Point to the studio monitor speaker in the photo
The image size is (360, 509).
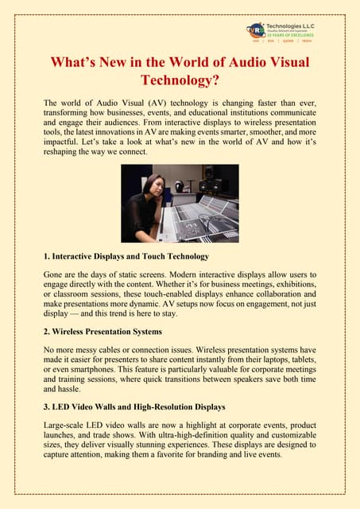click(x=211, y=185)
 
